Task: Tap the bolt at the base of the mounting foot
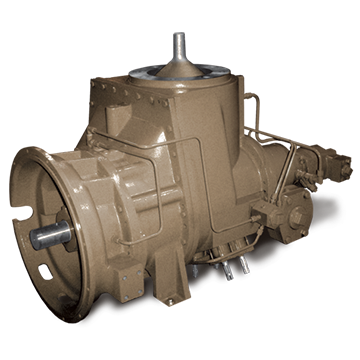170,298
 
